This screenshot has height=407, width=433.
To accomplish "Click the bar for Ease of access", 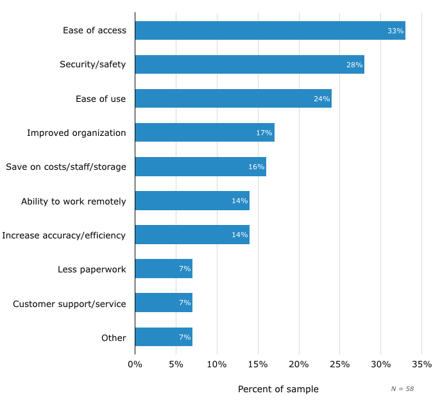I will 269,30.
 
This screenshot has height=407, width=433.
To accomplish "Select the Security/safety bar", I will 249,64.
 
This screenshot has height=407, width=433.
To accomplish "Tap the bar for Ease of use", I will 233,98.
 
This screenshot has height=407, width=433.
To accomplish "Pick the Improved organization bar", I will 204,133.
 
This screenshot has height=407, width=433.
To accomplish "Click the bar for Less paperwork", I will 164,269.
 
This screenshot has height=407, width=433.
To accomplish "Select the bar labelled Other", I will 164,336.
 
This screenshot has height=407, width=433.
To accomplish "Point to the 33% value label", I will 395,31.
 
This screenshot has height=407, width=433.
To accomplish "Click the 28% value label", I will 354,65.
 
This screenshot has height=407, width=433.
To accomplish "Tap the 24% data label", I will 321,99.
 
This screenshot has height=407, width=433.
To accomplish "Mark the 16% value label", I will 257,167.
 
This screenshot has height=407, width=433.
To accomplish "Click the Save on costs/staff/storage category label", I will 66,167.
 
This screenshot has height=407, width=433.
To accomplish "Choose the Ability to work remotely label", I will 74,201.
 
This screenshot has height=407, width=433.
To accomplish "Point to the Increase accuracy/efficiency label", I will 64,235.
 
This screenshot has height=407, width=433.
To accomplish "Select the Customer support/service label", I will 69,303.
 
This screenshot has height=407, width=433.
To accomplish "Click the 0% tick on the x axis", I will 135,364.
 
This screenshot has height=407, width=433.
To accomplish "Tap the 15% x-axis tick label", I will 258,364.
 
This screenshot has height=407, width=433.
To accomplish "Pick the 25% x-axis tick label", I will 339,364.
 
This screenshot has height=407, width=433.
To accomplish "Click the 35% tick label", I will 421,364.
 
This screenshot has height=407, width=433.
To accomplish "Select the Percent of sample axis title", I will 278,389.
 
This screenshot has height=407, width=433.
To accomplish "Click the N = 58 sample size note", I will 402,389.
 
